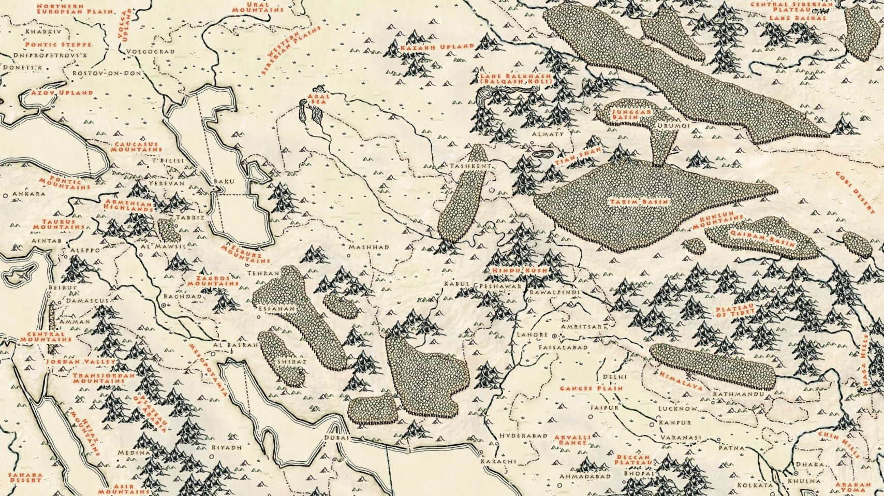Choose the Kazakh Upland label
click(437, 46)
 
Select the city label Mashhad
click(369, 247)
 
